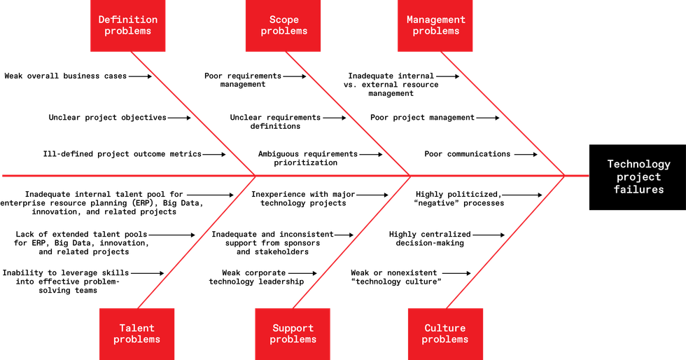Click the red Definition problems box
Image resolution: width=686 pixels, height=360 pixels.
coord(127,26)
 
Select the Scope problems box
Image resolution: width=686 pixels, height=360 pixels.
coord(283,26)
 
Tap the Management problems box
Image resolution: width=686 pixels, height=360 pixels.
coord(435,26)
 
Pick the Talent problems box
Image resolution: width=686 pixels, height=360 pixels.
coord(137,334)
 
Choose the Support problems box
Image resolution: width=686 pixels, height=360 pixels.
coord(293,334)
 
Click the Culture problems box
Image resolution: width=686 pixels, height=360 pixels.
coord(445,334)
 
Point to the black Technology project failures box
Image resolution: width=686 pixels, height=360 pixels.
coord(638,177)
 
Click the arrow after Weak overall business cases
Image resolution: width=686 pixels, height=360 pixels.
coord(140,76)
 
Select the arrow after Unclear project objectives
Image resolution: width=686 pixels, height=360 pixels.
coord(179,118)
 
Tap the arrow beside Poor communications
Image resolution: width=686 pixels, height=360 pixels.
coord(526,154)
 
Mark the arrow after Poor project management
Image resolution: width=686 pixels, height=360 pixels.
coord(488,118)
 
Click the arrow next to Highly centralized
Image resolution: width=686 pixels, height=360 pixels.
coord(489,235)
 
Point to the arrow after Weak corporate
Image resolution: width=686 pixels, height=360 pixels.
coord(302,273)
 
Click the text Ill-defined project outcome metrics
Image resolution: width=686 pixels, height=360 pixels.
coord(122,154)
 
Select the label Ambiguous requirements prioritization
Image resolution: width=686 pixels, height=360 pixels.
coord(307,158)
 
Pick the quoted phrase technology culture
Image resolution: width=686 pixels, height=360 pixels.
coord(396,282)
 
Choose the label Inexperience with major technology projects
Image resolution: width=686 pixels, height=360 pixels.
coord(303,198)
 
